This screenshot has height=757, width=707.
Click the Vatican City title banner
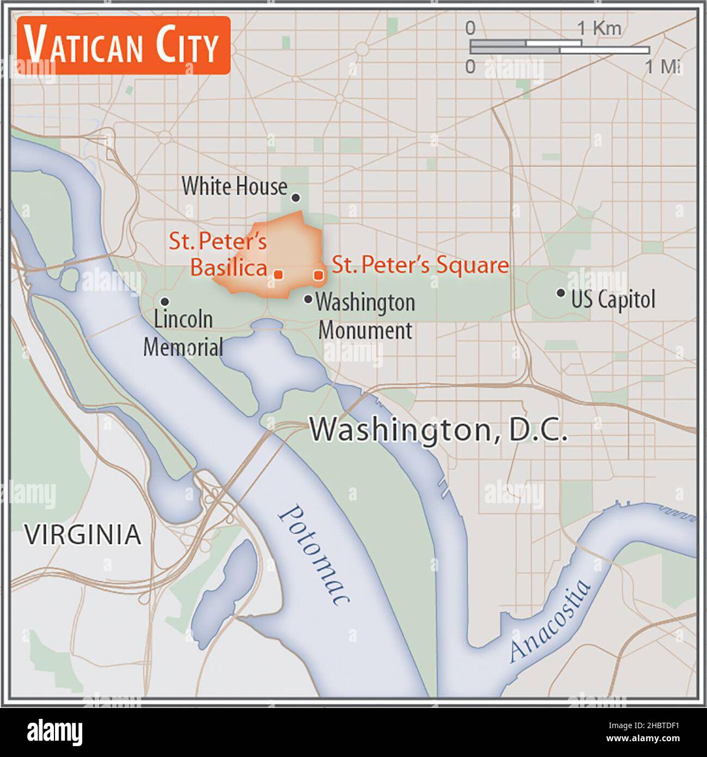[x=123, y=45]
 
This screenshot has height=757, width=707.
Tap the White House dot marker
[x=296, y=198]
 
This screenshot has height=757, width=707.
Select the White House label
[x=234, y=186]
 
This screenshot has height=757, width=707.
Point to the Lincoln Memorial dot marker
[x=164, y=301]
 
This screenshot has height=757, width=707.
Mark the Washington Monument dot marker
[x=308, y=299]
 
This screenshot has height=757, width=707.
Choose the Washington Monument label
[x=365, y=316]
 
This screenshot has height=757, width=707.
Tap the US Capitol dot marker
[x=560, y=292]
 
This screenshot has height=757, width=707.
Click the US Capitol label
[x=613, y=299]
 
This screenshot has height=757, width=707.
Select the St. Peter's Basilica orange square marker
[x=278, y=275]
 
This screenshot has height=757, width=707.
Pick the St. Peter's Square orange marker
[x=319, y=276]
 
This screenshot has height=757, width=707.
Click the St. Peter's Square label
[x=420, y=265]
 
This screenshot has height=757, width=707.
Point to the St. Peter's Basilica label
[x=223, y=254]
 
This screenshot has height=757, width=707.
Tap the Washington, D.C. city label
[x=438, y=430]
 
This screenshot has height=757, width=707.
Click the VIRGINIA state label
[x=83, y=535]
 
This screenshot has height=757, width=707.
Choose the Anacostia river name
[x=550, y=621]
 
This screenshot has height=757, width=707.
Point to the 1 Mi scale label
[x=662, y=66]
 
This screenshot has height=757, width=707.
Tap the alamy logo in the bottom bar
[x=54, y=732]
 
